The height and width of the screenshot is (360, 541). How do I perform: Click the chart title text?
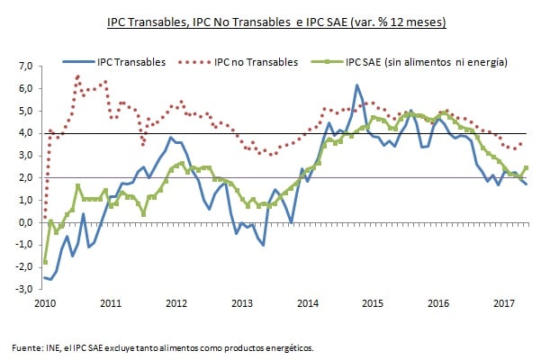tap(271, 21)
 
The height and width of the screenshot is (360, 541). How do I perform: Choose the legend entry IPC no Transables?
tap(266, 61)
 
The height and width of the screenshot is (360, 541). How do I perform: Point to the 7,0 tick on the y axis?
tap(25, 67)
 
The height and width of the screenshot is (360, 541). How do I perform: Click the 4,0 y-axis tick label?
tap(25, 133)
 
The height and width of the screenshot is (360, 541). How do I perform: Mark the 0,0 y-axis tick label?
tap(25, 221)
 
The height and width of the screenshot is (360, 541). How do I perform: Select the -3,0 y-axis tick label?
tap(24, 288)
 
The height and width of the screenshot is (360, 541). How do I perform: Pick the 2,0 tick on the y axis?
tap(25, 177)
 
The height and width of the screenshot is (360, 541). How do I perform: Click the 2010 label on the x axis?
tap(44, 305)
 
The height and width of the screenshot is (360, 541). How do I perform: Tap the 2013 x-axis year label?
tap(241, 305)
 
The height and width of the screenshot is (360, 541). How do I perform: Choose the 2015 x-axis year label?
tap(374, 305)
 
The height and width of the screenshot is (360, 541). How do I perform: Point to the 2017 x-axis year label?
tap(505, 305)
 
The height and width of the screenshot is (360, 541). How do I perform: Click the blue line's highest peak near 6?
tap(357, 85)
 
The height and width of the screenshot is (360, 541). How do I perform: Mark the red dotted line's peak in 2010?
tap(77, 76)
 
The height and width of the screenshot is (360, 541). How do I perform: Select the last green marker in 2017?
tap(526, 167)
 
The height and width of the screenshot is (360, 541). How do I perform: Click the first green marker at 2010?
tap(45, 261)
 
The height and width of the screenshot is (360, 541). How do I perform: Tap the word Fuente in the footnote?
tap(27, 347)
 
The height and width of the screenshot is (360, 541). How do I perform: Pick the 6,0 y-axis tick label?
tap(25, 89)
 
